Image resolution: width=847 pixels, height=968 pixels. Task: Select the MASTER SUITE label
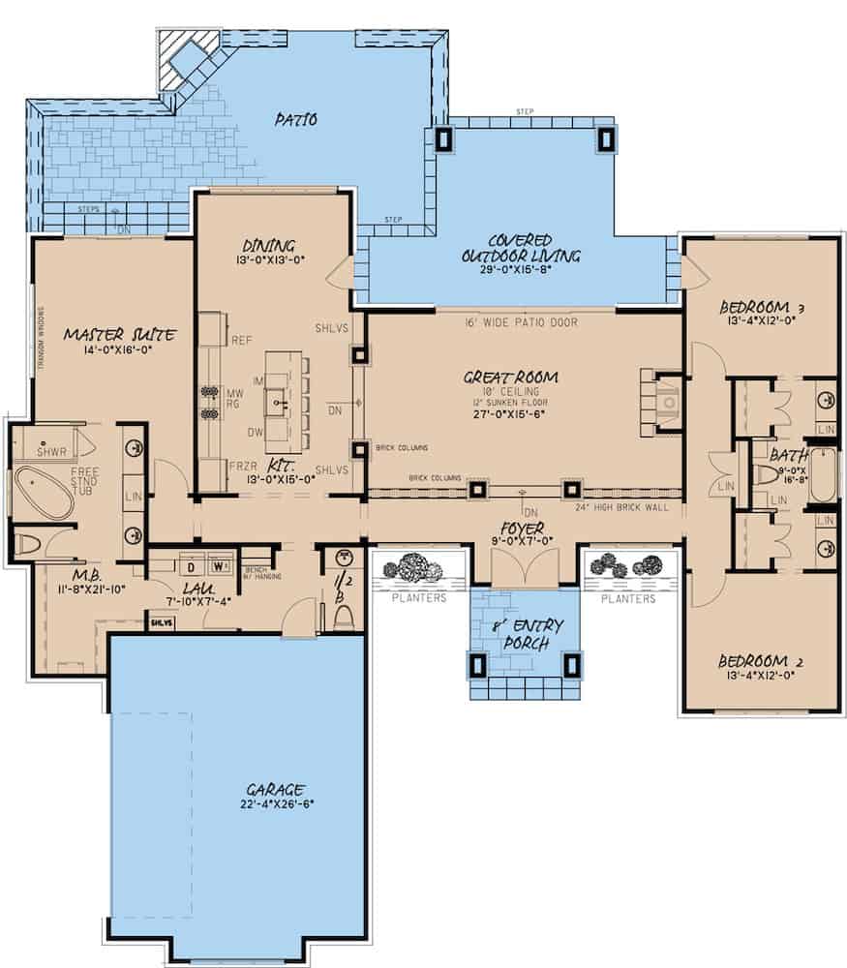[119, 335]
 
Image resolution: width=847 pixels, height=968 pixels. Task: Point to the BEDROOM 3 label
[764, 309]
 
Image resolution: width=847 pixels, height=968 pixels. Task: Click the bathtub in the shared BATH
[823, 474]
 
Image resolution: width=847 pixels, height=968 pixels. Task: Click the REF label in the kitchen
[242, 340]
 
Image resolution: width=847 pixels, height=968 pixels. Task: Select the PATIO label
[295, 120]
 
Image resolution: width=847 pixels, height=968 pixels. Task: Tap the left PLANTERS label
[418, 598]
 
